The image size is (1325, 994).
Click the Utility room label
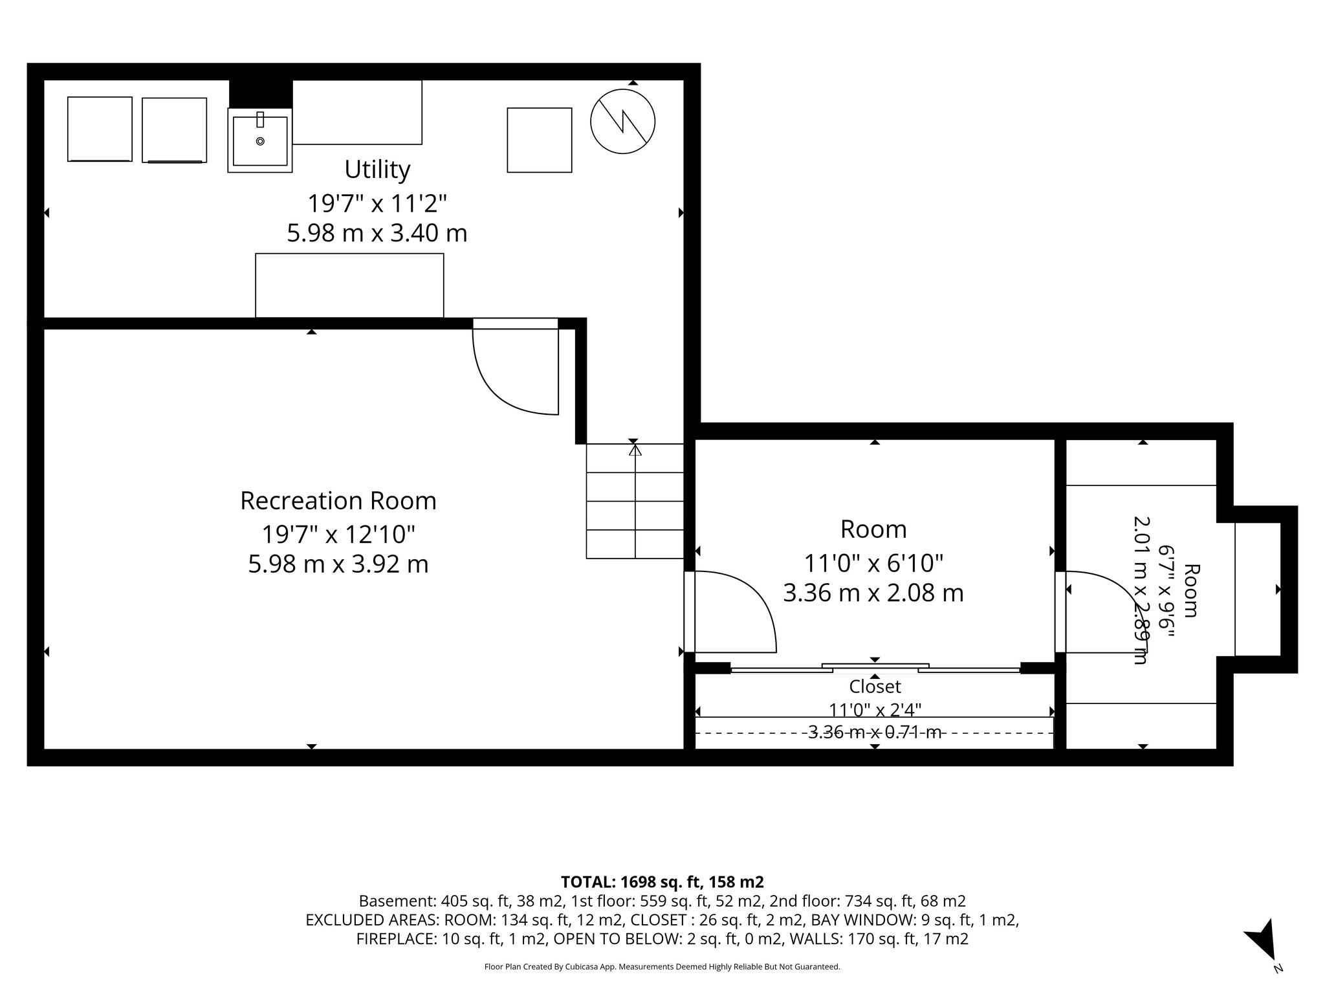377,170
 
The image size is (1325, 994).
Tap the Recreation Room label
338,501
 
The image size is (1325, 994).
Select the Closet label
875,686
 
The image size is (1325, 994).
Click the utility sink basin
260,140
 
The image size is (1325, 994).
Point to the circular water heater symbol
622,121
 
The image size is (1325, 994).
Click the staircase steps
635,501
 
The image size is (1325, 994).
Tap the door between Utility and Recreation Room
516,366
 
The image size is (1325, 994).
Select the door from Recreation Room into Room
730,612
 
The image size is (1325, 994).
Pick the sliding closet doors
875,668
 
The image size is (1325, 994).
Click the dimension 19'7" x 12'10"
338,535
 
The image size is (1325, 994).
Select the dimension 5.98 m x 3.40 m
377,233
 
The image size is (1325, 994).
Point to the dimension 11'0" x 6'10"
873,563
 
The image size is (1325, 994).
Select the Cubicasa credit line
662,967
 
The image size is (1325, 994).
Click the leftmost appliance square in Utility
100,129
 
